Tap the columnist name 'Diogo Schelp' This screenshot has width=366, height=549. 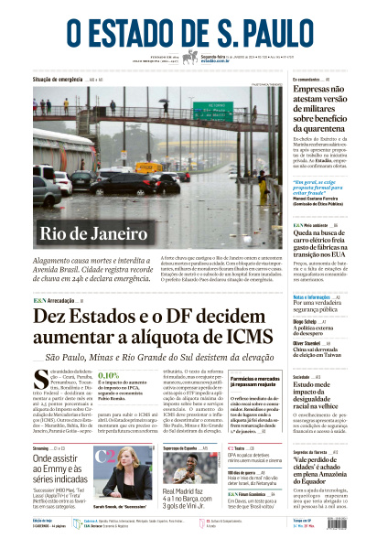coord(279,321)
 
